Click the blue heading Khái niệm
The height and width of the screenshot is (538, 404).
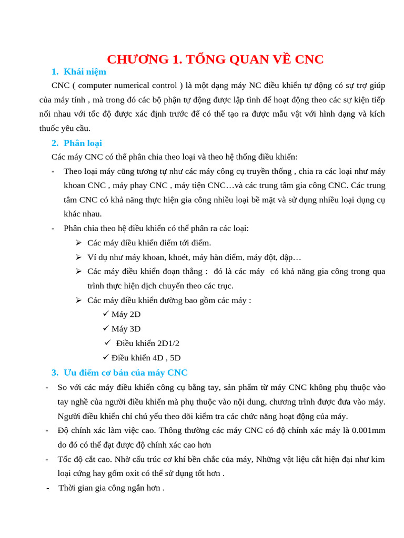[x=85, y=71]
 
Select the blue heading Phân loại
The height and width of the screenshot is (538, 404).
[x=83, y=143]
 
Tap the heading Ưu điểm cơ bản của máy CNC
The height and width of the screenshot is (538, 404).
[x=125, y=373]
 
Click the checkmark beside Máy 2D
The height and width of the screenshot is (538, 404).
[x=106, y=314]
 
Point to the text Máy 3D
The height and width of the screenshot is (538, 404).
[x=126, y=328]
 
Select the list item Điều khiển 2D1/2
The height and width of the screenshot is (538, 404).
[x=148, y=343]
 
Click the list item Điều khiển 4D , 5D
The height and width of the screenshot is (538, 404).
[x=146, y=358]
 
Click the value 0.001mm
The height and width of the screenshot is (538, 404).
[x=368, y=430]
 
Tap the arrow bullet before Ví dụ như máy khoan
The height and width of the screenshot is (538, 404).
[x=78, y=257]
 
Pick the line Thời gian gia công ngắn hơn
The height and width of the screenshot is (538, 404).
[x=111, y=488]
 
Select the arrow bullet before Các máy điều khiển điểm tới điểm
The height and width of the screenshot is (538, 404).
[x=78, y=242]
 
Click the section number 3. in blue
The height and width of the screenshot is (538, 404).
[x=55, y=373]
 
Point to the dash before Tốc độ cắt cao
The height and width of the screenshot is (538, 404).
[x=47, y=459]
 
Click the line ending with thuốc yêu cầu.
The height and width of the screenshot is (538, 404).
[x=65, y=128]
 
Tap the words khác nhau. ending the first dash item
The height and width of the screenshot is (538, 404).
[x=83, y=214]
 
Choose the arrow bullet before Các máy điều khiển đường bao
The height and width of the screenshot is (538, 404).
[x=78, y=300]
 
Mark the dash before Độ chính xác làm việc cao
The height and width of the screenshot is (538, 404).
[x=47, y=430]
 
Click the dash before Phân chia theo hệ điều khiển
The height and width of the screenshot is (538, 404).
[x=53, y=228]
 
